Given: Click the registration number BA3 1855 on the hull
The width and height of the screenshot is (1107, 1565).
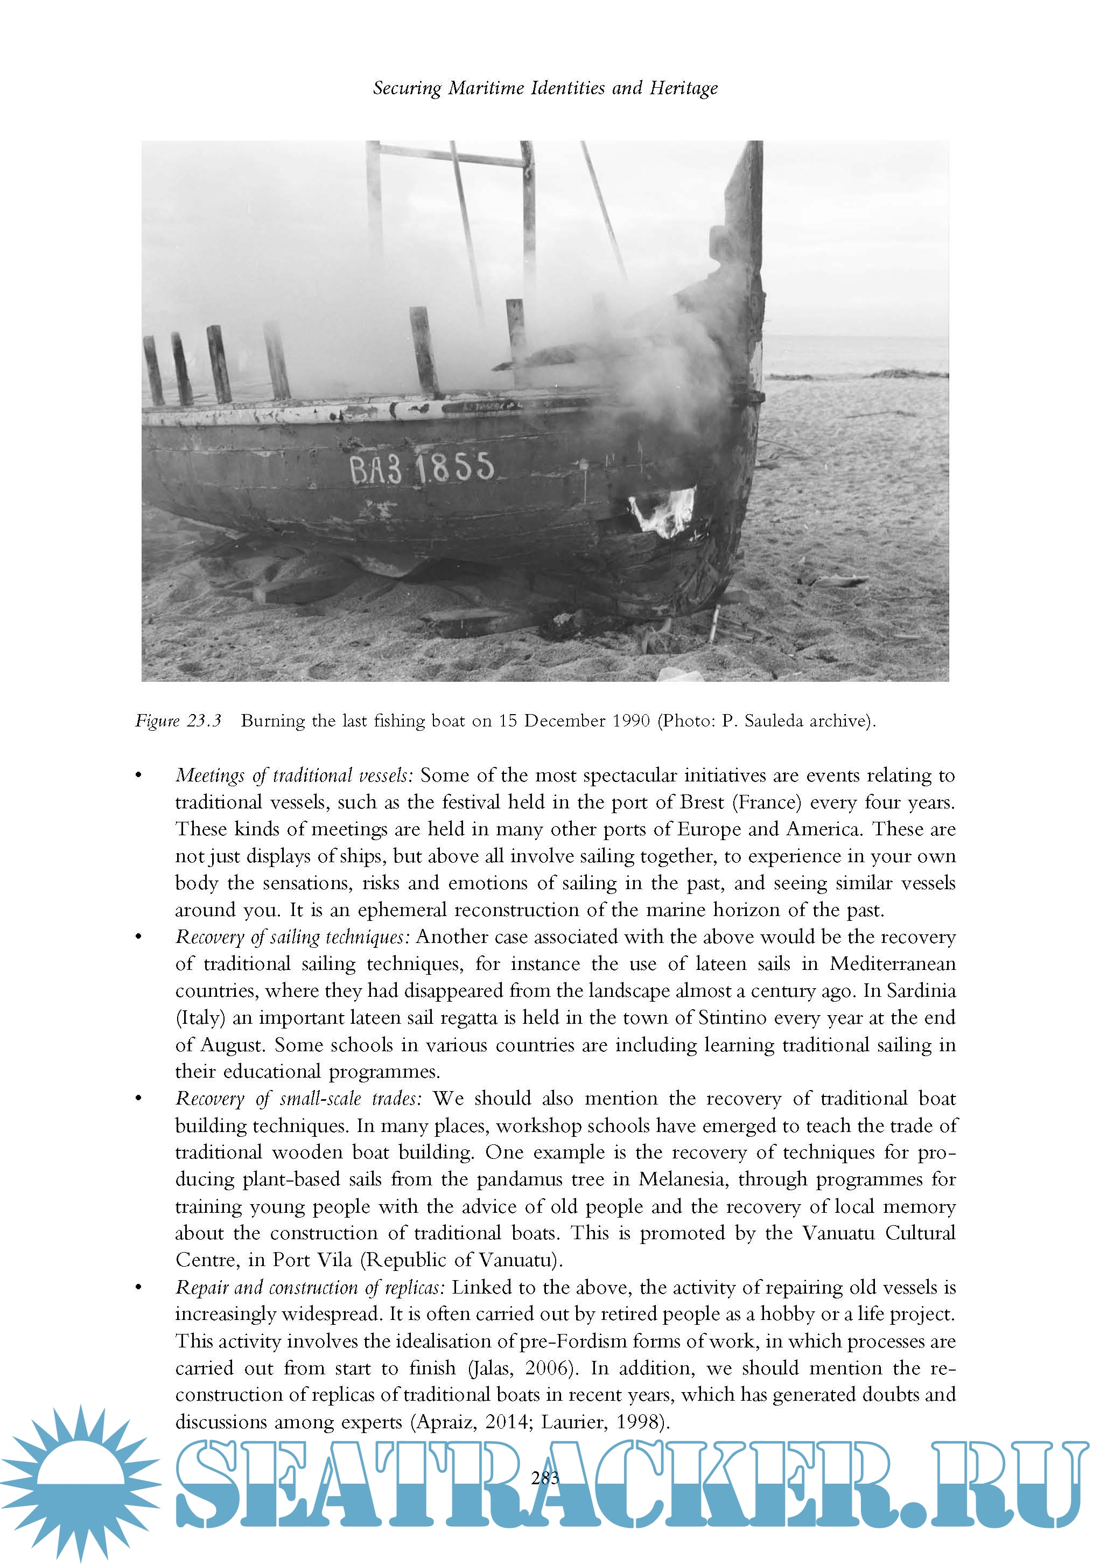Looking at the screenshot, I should pos(421,469).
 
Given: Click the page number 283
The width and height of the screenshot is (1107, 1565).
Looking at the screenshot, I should pos(545,1478).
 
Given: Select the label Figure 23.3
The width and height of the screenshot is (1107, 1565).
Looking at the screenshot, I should pos(179,721).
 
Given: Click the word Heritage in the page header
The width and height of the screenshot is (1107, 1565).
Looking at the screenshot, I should pos(683,88).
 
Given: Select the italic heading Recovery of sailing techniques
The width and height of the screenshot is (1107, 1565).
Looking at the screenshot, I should pos(292,937).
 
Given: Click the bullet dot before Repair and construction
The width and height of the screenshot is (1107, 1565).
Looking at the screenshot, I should pos(138,1288).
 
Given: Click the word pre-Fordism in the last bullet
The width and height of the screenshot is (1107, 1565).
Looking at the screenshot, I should pos(572,1341).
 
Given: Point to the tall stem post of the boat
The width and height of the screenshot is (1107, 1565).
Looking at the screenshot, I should pos(746,273).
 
